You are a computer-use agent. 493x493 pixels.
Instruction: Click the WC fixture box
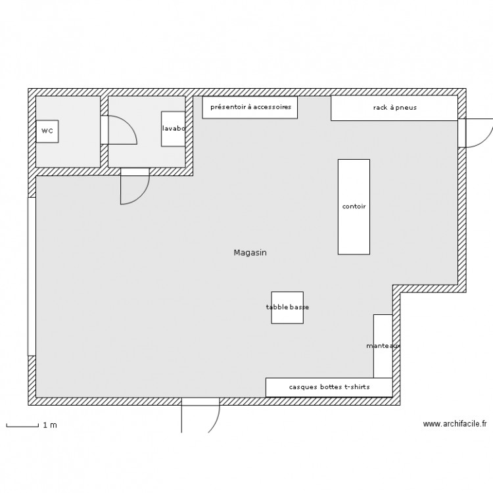click(x=47, y=131)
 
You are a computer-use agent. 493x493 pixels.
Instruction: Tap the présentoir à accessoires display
click(x=250, y=107)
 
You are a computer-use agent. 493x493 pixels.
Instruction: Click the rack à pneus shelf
click(x=394, y=108)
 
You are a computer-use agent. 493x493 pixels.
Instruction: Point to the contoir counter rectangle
click(x=354, y=206)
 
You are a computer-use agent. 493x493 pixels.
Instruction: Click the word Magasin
click(x=250, y=252)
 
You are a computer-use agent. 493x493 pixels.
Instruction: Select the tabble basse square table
click(x=287, y=308)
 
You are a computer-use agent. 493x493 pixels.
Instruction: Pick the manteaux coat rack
click(x=383, y=346)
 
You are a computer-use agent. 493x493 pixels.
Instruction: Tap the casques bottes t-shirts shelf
click(x=329, y=387)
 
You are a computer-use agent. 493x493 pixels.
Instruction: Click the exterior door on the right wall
click(x=475, y=132)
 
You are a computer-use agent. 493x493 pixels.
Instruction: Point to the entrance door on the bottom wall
click(x=200, y=414)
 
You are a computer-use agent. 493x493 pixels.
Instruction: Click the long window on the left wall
click(x=31, y=276)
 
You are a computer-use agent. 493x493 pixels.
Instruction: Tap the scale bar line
click(x=22, y=427)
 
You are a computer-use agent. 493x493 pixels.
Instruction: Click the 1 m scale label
click(x=50, y=425)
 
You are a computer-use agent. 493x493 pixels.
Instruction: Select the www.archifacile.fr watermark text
click(x=454, y=425)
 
